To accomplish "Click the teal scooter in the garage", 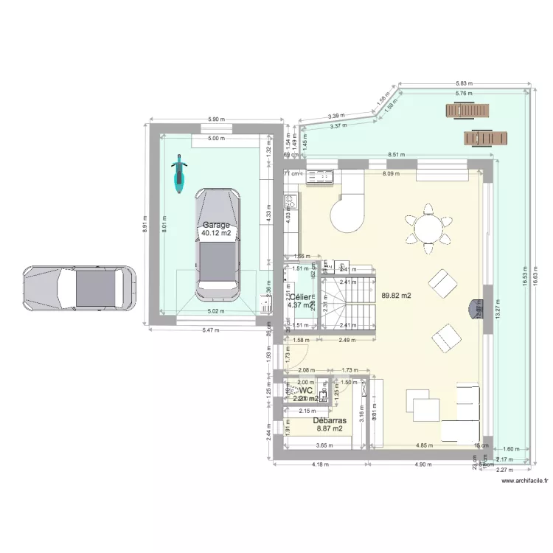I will point(178,174).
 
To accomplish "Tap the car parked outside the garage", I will point(79,288).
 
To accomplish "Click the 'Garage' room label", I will point(216,225).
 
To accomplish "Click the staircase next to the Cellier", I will point(347,302).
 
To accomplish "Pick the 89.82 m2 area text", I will point(396,296).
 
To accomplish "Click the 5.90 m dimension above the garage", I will point(217,119).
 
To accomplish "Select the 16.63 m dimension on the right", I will point(545,271).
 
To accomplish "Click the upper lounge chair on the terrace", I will point(467,111).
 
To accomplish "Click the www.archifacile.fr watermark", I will point(524,481).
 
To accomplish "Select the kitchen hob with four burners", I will point(291,201).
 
